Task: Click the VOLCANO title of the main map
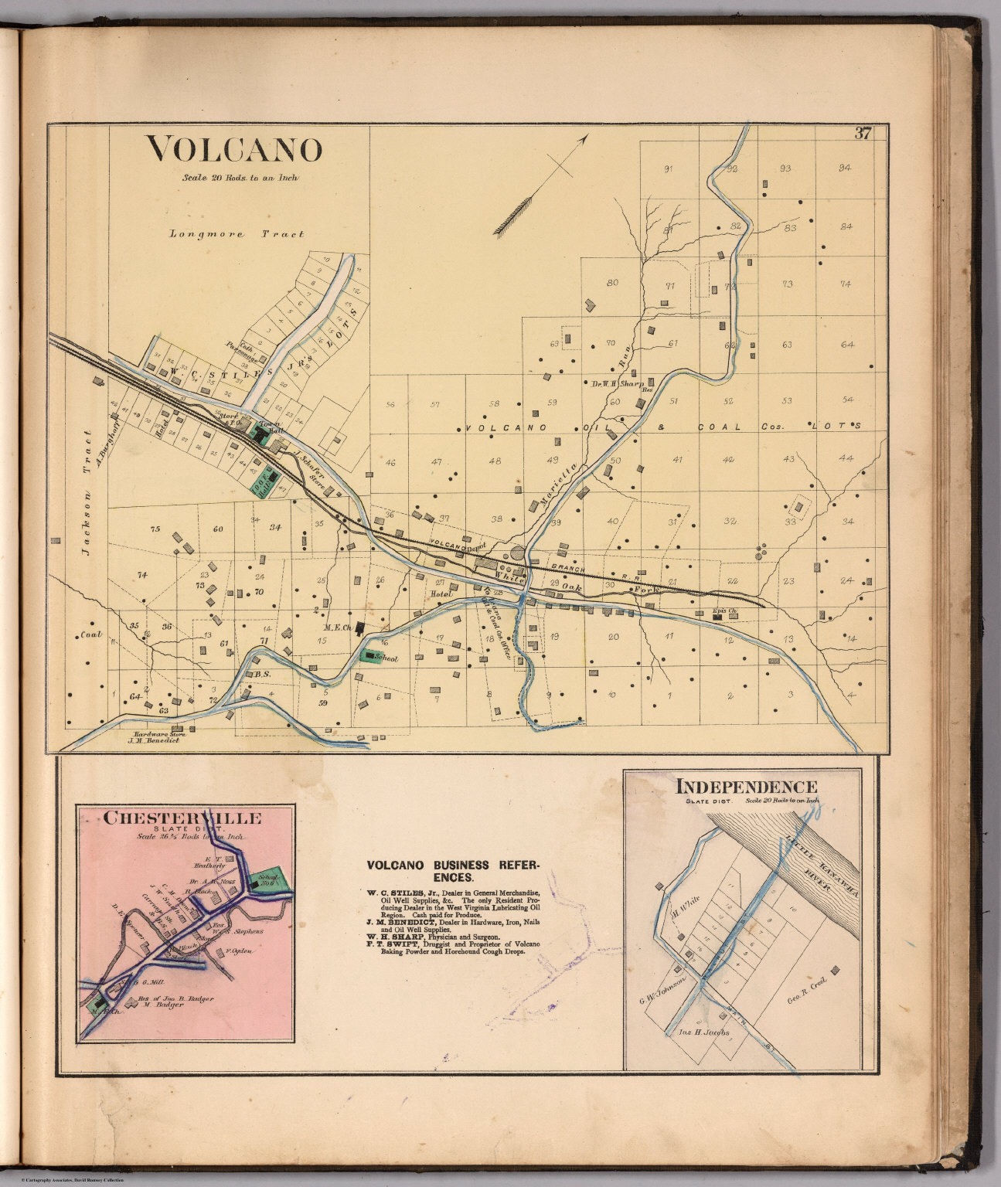[234, 150]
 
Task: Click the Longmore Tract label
[236, 233]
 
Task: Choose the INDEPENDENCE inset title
[746, 787]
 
